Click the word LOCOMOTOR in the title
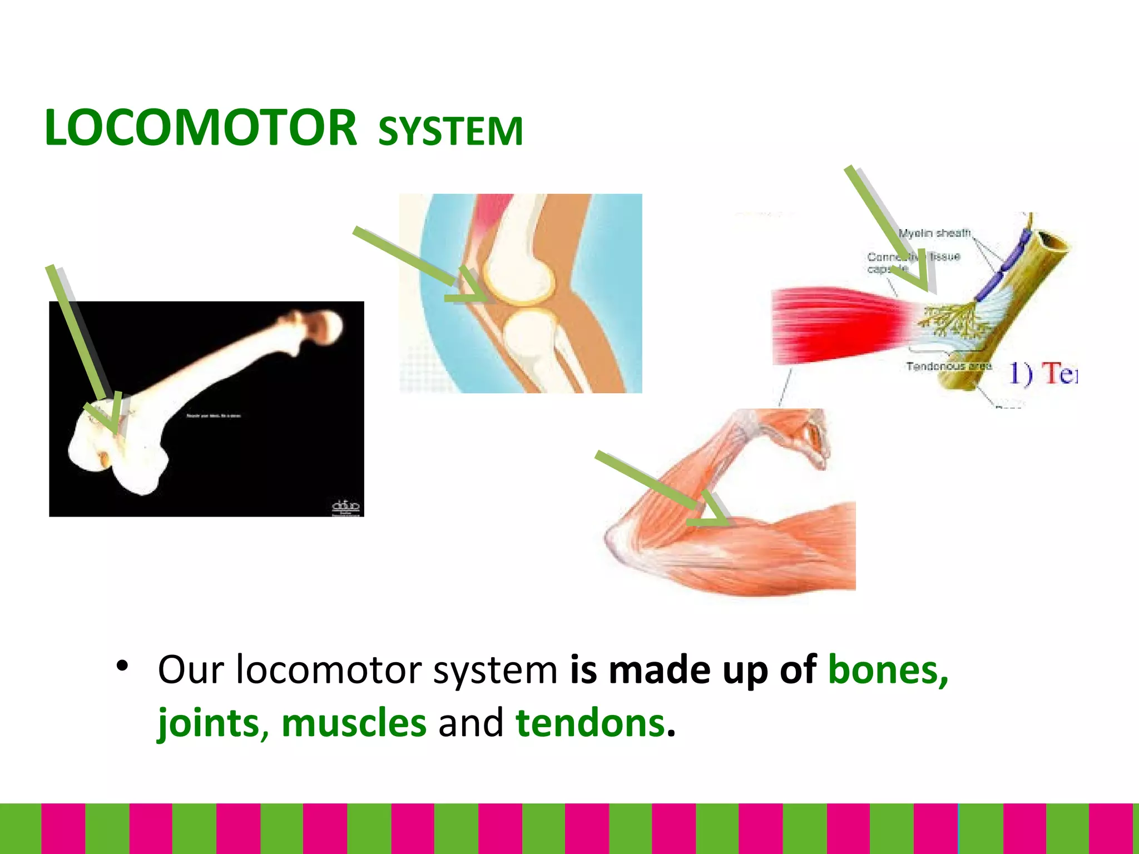(200, 129)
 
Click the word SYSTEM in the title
(450, 132)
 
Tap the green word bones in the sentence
(888, 670)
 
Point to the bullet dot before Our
(122, 666)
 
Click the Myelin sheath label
(934, 233)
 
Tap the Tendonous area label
(949, 366)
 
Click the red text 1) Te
(1043, 373)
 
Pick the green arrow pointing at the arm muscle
(662, 489)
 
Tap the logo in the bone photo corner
(345, 507)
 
